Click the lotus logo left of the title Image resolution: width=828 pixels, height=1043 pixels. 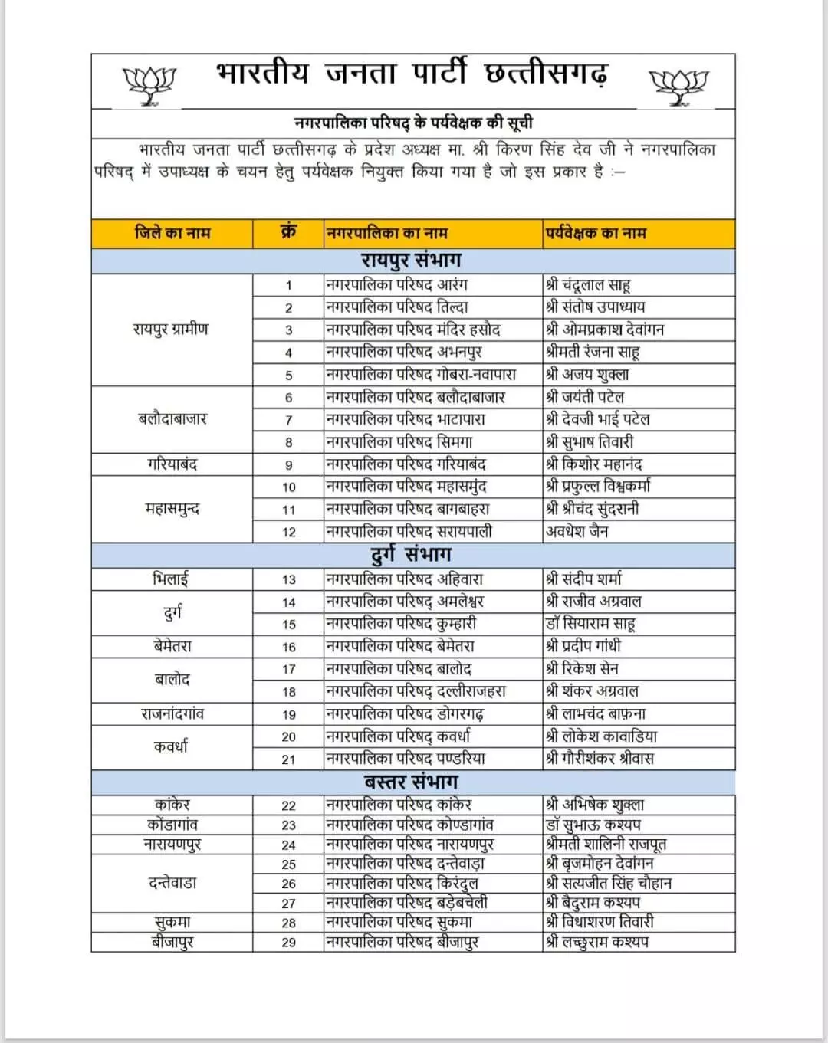click(149, 84)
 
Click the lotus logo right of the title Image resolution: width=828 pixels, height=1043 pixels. click(678, 85)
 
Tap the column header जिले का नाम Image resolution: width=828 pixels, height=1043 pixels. click(172, 233)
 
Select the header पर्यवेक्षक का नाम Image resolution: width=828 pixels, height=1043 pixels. click(596, 233)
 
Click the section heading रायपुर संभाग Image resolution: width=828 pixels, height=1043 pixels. click(412, 261)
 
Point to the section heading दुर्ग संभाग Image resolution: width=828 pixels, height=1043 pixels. click(412, 554)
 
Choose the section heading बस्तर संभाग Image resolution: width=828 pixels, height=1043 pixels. click(412, 782)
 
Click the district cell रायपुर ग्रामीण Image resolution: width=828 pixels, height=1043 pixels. click(171, 330)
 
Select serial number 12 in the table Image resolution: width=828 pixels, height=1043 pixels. click(288, 532)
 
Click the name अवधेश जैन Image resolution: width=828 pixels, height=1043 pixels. click(577, 531)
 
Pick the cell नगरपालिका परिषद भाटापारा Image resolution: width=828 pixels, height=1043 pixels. click(406, 419)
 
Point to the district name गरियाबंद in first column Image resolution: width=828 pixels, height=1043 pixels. click(172, 464)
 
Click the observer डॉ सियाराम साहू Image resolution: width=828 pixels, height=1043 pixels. click(590, 624)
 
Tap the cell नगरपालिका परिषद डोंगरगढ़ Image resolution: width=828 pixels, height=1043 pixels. click(405, 714)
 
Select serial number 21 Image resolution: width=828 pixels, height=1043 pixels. click(288, 759)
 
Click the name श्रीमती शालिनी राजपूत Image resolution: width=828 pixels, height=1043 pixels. click(606, 844)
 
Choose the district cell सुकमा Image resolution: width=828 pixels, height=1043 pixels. click(172, 922)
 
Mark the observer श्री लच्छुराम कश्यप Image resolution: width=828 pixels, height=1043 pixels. click(597, 942)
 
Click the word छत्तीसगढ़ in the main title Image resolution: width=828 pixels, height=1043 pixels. click(547, 74)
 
